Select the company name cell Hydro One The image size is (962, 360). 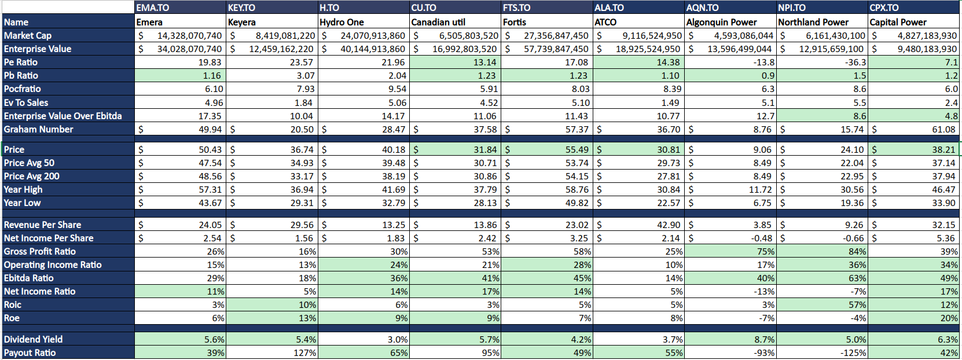(342, 22)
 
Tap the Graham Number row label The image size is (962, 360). (39, 129)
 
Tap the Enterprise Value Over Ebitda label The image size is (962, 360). (63, 116)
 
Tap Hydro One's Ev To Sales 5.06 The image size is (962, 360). (393, 102)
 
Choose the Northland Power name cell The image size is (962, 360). (813, 22)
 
